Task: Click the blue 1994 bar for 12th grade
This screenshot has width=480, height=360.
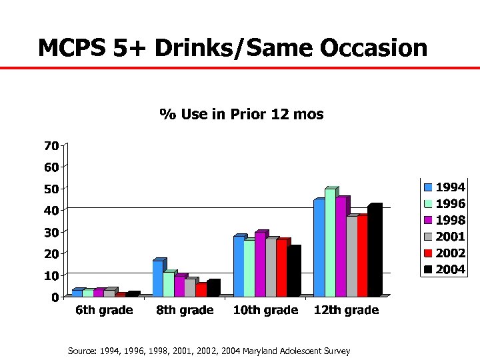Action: click(319, 247)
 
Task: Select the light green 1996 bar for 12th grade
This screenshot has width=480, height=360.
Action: click(330, 243)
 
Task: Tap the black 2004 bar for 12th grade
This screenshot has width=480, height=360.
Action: click(373, 251)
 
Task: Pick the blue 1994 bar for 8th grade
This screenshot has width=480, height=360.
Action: click(157, 278)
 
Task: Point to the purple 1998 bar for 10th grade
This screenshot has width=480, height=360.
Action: click(260, 264)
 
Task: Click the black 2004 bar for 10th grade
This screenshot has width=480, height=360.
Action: click(293, 271)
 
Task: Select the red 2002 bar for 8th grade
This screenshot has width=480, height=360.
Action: click(201, 289)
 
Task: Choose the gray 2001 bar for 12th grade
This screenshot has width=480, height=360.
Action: click(351, 256)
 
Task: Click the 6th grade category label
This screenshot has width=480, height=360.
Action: click(103, 310)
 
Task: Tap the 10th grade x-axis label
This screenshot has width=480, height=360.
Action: click(265, 310)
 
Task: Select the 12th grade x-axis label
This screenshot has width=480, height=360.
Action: click(347, 310)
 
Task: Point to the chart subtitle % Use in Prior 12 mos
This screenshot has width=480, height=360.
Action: click(241, 114)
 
